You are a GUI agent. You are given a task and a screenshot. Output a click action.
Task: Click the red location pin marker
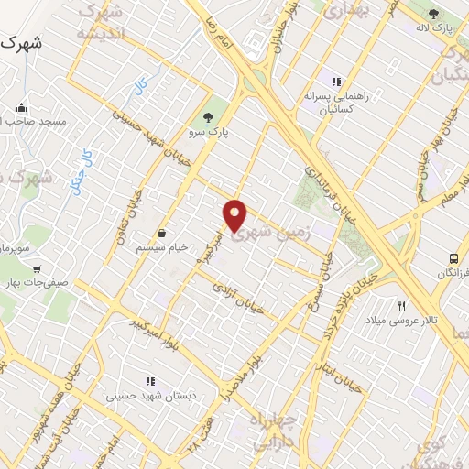coord(235,216)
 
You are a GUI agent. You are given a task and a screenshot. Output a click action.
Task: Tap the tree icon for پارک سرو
coord(208,117)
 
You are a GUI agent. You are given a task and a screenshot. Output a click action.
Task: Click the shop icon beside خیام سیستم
coord(162,233)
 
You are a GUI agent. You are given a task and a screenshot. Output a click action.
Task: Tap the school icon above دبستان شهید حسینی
coord(149,381)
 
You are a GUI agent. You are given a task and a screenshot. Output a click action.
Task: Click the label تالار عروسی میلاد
coord(401,322)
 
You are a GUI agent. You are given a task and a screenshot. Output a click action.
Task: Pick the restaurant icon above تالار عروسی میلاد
coord(401,306)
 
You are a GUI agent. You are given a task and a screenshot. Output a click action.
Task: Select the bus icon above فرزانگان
coord(453,259)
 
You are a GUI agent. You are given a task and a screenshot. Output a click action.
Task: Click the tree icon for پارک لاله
coord(433,14)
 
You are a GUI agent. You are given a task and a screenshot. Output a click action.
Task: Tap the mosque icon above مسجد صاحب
coord(21,106)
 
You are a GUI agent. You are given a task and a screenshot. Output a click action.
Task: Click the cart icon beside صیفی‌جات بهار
coord(36,269)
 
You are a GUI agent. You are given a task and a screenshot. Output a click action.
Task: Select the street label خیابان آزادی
coord(237,299)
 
